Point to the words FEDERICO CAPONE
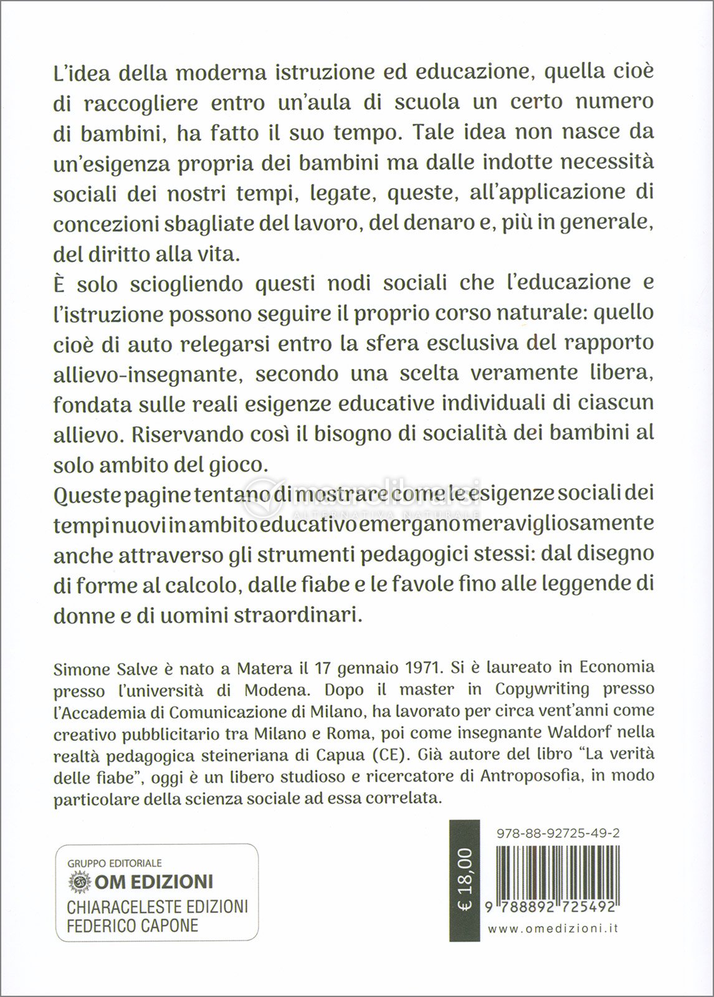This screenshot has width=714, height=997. [133, 925]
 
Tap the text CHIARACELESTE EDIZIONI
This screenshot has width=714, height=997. [158, 905]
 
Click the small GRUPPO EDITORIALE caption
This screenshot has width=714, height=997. [114, 863]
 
